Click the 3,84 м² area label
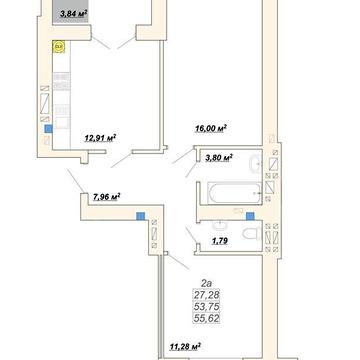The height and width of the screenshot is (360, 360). point(73,14)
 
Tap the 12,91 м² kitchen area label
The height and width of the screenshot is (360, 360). point(100,138)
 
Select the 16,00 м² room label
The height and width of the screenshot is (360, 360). point(211,128)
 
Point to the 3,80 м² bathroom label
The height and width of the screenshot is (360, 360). point(219,157)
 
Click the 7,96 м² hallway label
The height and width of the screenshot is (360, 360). point(107,197)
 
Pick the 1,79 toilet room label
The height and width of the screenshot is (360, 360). point(220,241)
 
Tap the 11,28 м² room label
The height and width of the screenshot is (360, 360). point(185,347)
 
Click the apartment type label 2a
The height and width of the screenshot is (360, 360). point(206,284)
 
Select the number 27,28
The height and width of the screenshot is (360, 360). point(206,295)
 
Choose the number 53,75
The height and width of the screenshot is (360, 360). point(206,307)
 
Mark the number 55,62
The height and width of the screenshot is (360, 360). point(206,318)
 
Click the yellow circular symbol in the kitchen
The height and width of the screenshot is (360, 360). point(59,47)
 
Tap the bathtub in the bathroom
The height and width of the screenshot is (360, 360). point(235,193)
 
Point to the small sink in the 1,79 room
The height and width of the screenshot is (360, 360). point(218,226)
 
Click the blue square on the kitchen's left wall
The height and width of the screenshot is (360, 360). point(49,128)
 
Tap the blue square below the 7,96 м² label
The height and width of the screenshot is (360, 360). point(141,216)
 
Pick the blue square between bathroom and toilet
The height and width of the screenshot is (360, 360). point(250,216)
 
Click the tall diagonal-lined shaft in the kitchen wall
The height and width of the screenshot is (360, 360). point(45,103)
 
